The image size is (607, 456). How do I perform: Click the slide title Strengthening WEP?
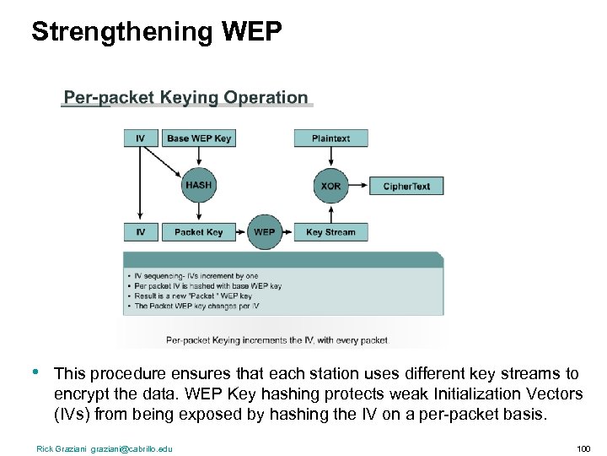coord(157,31)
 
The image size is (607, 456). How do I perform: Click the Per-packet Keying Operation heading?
coord(186,98)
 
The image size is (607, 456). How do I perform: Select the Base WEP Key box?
coord(199,138)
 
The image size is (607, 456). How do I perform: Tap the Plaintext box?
coord(330,138)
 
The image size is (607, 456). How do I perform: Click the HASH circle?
coord(199,185)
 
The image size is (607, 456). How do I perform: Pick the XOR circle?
coord(330,186)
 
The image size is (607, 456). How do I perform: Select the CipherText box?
coord(406,186)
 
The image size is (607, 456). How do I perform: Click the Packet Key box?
coord(199,232)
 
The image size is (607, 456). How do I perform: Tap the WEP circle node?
coord(264,232)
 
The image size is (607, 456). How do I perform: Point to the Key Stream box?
coord(330,232)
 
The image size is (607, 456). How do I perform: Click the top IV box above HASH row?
coord(140,138)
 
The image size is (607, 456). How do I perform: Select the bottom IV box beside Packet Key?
coord(140,232)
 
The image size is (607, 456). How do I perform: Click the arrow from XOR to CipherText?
coord(358,186)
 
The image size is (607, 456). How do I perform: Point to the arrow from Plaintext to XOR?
coord(330,158)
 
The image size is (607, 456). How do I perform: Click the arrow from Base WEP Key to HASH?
coord(199,157)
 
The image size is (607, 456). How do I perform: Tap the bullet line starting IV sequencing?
coord(196,276)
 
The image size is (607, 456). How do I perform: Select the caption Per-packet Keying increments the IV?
coord(277,340)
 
